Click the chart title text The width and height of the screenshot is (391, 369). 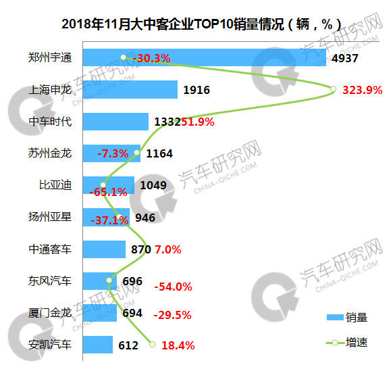click(x=201, y=24)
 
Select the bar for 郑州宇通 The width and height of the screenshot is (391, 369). click(x=205, y=57)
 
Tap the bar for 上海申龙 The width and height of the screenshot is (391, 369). click(x=130, y=90)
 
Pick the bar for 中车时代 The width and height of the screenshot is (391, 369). click(x=115, y=122)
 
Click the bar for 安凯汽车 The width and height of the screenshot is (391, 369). click(x=98, y=345)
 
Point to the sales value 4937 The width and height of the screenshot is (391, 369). click(x=345, y=58)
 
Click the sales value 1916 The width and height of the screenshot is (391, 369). click(x=197, y=90)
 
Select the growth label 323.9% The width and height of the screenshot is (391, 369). click(x=363, y=90)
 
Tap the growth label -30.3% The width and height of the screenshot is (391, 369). click(x=152, y=58)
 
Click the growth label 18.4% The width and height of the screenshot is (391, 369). click(x=178, y=345)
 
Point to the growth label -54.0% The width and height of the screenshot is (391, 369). click(x=173, y=287)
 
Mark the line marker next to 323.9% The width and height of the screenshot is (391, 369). click(x=333, y=89)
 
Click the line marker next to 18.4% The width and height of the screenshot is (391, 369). click(x=152, y=345)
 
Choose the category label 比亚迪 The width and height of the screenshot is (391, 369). click(x=55, y=185)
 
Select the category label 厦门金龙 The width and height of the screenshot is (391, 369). click(x=50, y=313)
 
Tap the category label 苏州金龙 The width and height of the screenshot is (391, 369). click(x=50, y=153)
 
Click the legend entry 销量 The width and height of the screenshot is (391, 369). click(x=347, y=318)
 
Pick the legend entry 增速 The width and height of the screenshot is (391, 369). click(x=347, y=342)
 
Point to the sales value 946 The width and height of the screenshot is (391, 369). click(x=145, y=218)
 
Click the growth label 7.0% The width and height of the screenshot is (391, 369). click(x=168, y=250)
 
